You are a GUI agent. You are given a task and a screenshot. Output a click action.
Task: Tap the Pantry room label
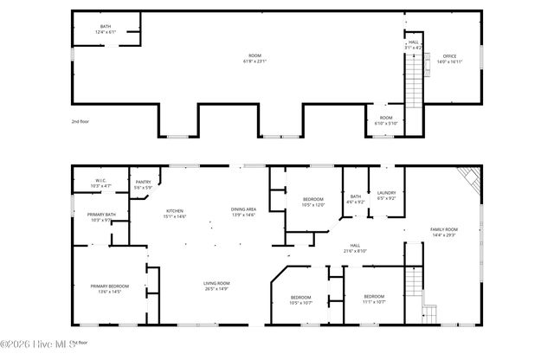click(x=144, y=184)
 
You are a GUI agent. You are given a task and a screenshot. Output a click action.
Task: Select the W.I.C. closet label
click(x=100, y=183)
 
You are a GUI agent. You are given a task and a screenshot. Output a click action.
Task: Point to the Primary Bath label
click(x=100, y=216)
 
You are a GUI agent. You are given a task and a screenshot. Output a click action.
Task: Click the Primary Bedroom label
click(x=111, y=288)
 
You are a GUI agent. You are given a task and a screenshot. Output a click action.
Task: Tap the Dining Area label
click(x=243, y=212)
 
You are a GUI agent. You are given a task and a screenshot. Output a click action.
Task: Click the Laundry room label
click(x=386, y=196)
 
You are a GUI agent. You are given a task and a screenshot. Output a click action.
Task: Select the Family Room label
click(x=444, y=231)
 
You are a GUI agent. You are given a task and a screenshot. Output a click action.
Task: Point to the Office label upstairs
click(x=450, y=59)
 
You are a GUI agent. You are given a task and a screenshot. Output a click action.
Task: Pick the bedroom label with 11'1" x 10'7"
click(x=375, y=299)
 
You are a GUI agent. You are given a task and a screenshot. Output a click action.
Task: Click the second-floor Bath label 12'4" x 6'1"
click(x=106, y=29)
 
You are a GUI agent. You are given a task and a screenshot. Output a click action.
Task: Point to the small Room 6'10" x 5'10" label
click(x=385, y=120)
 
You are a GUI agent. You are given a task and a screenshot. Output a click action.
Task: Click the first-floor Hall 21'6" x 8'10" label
click(x=355, y=247)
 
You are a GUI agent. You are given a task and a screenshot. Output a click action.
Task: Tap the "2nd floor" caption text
click(x=81, y=122)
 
